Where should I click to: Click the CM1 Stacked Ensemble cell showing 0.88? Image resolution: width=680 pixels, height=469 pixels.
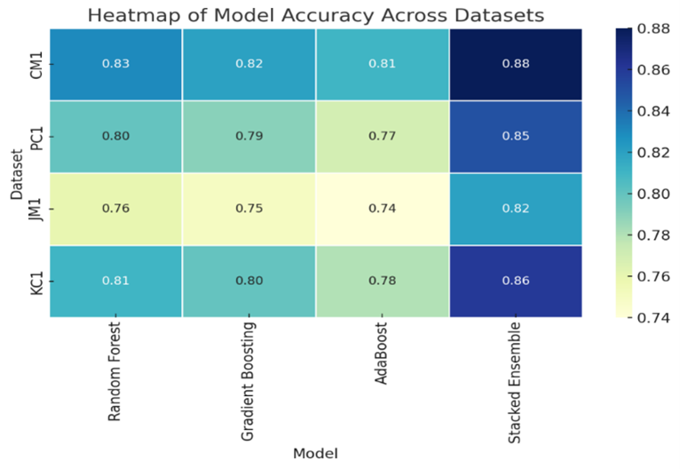point(515,65)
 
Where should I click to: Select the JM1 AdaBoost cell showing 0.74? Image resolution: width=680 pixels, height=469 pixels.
point(382,209)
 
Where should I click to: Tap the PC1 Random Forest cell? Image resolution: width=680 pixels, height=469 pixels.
point(115,137)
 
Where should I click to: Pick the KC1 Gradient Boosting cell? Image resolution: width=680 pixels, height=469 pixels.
point(249,281)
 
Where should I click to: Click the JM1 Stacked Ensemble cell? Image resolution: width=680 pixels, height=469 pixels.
point(515,209)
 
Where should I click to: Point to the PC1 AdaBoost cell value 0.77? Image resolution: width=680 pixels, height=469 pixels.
point(382,137)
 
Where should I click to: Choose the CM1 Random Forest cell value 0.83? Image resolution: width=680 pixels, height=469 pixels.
point(115,65)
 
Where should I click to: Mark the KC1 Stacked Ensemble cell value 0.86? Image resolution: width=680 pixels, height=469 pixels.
point(515,281)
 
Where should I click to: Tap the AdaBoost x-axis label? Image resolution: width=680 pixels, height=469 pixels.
point(382,354)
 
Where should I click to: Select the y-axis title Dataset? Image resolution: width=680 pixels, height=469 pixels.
point(14,173)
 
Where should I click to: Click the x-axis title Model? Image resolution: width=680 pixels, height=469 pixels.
point(315,452)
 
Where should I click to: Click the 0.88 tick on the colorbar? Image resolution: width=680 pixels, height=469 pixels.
point(654,28)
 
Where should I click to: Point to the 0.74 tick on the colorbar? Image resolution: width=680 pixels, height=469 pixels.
point(654,317)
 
